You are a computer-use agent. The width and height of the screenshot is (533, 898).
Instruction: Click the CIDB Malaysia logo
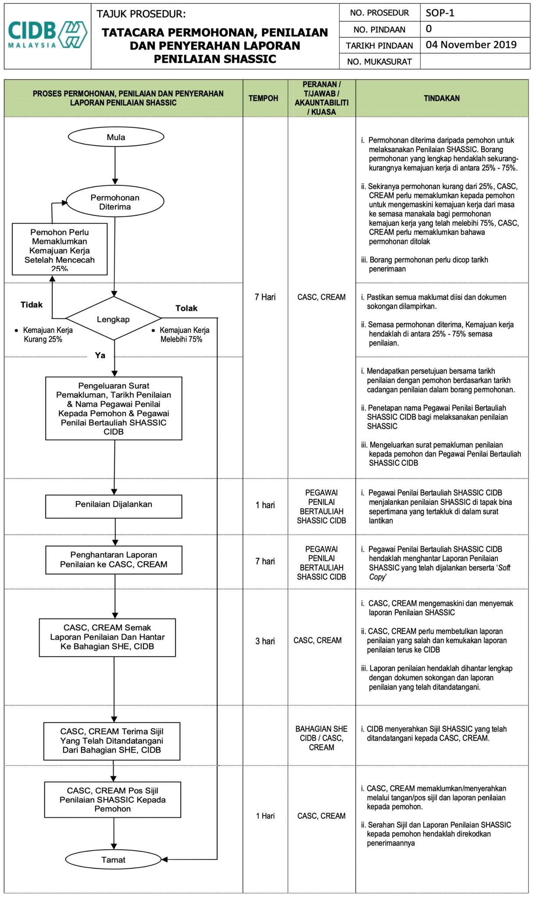[x=47, y=35]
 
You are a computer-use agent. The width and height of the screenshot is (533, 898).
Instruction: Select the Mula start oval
[x=116, y=137]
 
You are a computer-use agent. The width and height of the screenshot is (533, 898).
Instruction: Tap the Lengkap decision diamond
[x=113, y=319]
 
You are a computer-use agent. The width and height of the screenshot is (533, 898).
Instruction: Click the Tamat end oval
[x=114, y=859]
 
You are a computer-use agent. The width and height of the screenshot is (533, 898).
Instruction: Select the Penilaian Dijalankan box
[x=114, y=505]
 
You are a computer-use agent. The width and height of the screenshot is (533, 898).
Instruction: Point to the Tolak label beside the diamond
[x=186, y=308]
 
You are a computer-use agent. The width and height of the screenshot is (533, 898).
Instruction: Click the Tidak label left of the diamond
[x=32, y=305]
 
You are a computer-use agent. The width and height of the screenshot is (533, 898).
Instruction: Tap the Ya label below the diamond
[x=100, y=355]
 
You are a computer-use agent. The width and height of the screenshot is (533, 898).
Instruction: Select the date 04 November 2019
[x=471, y=45]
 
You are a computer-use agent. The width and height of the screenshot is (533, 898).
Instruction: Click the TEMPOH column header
[x=263, y=98]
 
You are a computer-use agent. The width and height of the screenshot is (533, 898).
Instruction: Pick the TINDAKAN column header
[x=442, y=98]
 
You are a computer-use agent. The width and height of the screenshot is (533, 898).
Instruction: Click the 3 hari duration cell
[x=265, y=641]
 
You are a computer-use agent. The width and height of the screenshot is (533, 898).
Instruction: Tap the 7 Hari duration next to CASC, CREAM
[x=265, y=297]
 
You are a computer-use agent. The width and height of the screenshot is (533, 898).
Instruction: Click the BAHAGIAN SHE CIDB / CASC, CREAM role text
[x=321, y=738]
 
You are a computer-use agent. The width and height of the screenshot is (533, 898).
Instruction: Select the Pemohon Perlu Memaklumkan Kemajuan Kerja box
[x=60, y=249]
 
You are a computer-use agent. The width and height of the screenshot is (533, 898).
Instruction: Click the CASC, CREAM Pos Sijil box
[x=113, y=799]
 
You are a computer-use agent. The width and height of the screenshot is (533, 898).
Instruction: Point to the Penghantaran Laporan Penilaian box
[x=114, y=559]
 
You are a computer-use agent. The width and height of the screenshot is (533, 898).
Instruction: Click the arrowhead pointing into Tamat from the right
[x=165, y=859]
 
